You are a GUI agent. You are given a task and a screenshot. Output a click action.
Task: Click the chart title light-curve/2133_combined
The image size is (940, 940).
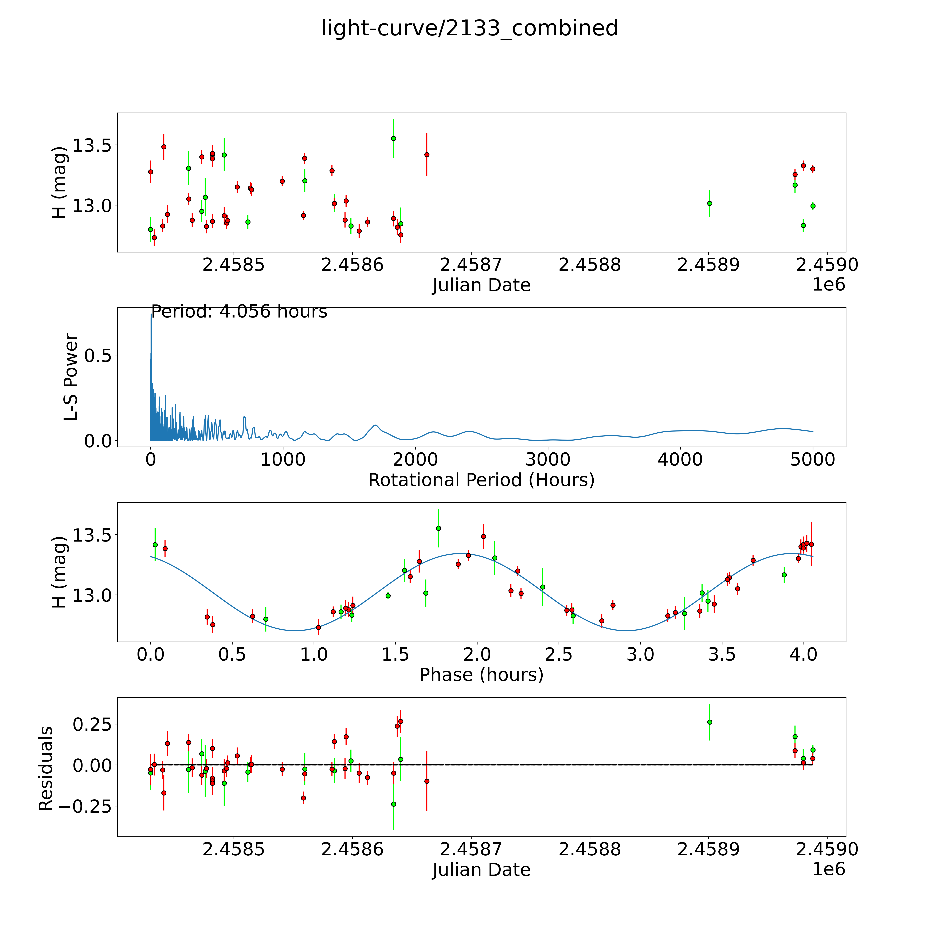[x=469, y=28]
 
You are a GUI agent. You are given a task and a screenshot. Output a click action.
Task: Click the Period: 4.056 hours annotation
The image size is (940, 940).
[x=239, y=311]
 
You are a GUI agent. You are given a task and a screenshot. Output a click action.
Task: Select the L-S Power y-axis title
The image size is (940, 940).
[x=71, y=377]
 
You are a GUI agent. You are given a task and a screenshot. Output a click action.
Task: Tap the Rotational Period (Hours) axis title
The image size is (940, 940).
[x=481, y=480]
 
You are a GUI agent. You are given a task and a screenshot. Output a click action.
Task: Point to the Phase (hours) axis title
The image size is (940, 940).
[x=481, y=675]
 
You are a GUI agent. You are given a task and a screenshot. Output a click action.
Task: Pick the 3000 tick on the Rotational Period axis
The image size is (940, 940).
[x=548, y=459]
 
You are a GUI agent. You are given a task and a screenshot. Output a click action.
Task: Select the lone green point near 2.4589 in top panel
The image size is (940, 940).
[x=709, y=203]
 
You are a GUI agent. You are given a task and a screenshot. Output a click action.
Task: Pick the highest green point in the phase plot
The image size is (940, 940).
[x=438, y=528]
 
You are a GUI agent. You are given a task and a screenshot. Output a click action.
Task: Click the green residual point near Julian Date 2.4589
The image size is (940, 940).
[x=709, y=722]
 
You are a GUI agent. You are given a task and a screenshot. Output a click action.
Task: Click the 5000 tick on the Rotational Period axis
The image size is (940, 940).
[x=813, y=459]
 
